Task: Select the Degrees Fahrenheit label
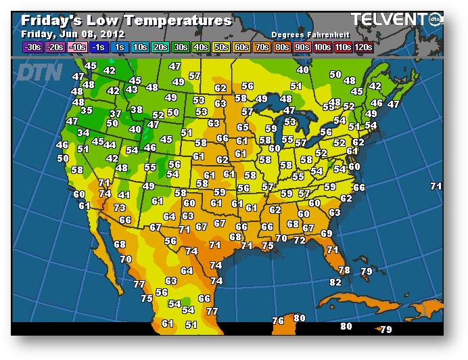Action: pyautogui.click(x=306, y=34)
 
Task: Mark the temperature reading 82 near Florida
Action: pyautogui.click(x=335, y=282)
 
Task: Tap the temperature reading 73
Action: pyautogui.click(x=120, y=208)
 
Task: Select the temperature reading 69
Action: pyautogui.click(x=327, y=233)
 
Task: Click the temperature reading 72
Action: pyautogui.click(x=299, y=240)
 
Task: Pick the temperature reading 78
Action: pyautogui.click(x=344, y=270)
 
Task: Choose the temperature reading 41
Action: pyautogui.click(x=124, y=195)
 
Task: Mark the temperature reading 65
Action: pyautogui.click(x=243, y=127)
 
